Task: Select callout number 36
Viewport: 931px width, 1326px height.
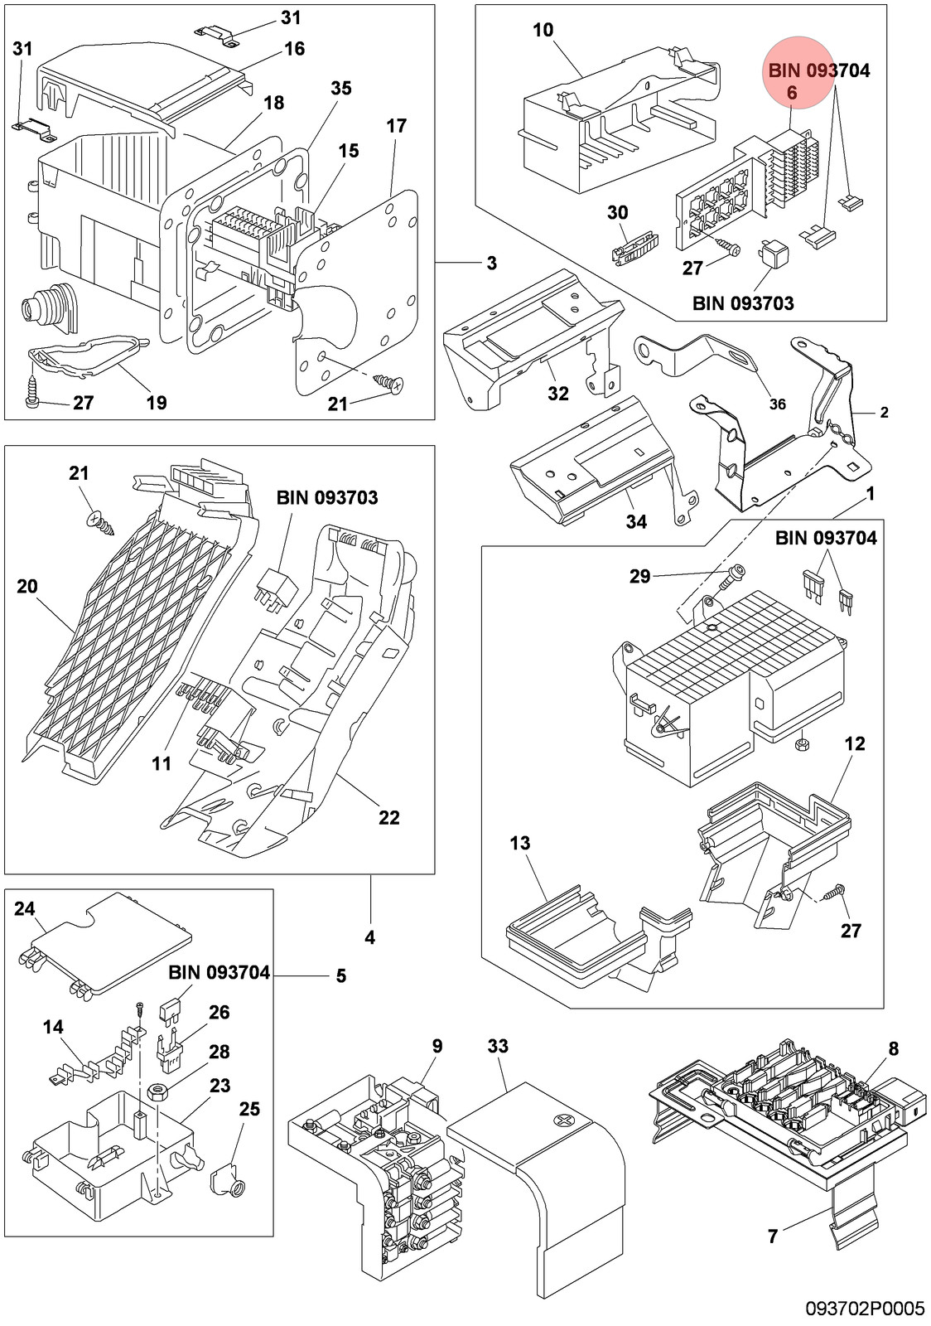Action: coord(777,404)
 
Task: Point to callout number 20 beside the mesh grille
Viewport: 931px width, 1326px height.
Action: coord(27,587)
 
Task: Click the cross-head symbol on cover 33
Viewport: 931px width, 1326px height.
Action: coord(562,1120)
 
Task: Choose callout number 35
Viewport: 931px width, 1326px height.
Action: coord(340,88)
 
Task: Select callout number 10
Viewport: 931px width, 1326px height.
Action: coord(543,30)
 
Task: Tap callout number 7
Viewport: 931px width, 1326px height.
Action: coord(773,1236)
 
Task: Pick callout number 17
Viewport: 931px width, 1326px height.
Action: coord(396,126)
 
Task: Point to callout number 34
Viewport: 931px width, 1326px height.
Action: coord(636,521)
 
